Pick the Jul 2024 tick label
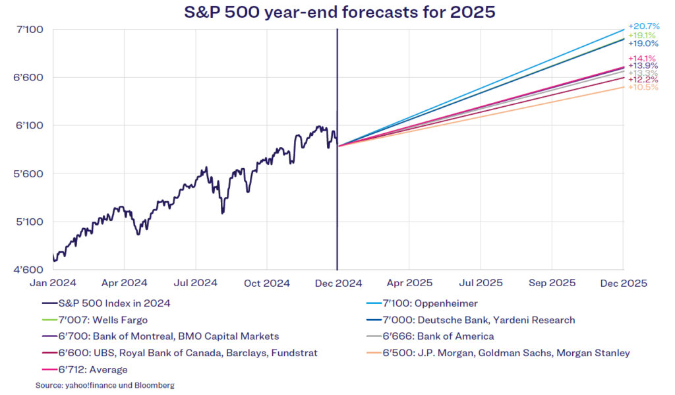pos(195,283)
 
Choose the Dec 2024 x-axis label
pos(337,283)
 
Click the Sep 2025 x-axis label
pos(552,283)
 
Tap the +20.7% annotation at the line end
pos(643,25)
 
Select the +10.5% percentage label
pos(643,87)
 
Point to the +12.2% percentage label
pos(643,80)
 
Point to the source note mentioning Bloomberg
pos(105,385)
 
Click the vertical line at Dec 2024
pos(337,198)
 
